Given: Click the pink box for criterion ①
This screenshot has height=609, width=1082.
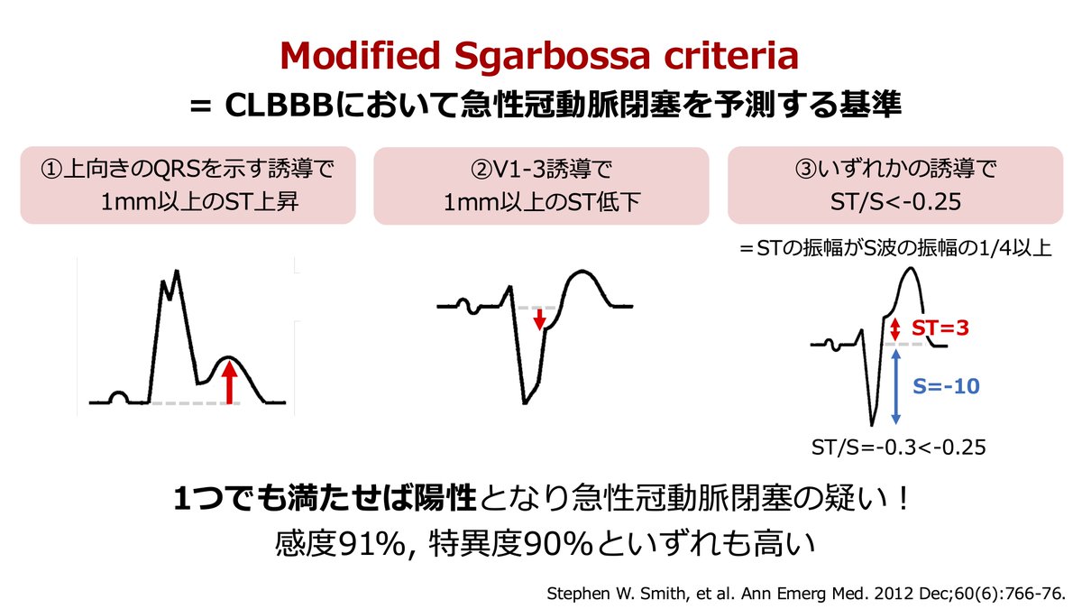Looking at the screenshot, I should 188,185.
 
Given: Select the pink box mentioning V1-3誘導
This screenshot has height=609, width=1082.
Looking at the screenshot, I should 541,185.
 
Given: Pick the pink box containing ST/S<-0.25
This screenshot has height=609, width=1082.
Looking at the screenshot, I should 896,185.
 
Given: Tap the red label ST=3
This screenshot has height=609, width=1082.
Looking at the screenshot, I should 940,328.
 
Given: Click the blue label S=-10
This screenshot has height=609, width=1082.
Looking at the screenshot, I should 945,386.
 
